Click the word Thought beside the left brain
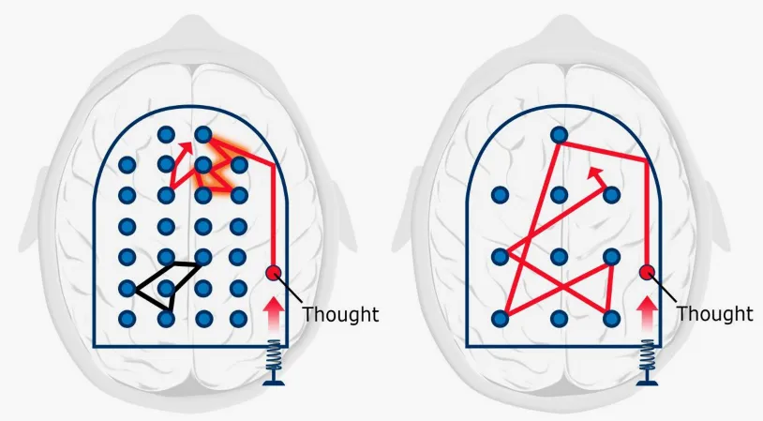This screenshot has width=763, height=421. (340, 314)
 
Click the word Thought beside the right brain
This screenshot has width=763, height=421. (715, 314)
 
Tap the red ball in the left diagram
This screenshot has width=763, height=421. (274, 273)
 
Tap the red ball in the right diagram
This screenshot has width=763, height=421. (647, 273)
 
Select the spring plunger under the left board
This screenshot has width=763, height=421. (274, 363)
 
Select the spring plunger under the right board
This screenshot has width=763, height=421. (647, 363)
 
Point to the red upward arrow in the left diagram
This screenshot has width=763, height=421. (274, 314)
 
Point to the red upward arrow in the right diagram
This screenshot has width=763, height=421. (647, 314)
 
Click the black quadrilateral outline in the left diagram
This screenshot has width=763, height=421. (168, 286)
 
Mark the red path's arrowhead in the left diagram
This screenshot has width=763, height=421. (186, 145)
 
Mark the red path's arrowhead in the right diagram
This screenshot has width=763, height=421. (595, 173)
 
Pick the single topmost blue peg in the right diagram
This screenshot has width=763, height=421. (559, 134)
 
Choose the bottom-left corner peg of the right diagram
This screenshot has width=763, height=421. (501, 319)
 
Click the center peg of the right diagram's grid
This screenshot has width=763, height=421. (559, 257)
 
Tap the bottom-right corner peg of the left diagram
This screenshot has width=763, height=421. (238, 319)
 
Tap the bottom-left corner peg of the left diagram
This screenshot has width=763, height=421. (127, 319)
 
